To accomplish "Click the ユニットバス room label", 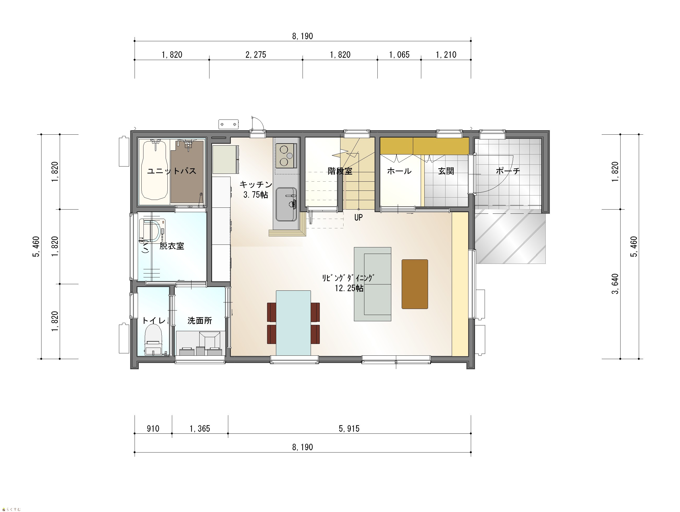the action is click(172, 171).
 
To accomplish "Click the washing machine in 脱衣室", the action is click(152, 230).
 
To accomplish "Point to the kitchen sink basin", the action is click(286, 205).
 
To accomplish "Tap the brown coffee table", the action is click(415, 284).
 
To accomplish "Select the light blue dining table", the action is click(293, 323).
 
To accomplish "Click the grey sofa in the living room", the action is click(372, 284).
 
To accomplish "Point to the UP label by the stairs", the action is click(358, 217).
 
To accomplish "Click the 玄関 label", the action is click(446, 171).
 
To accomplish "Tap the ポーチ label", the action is click(508, 171).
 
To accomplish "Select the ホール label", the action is click(399, 171).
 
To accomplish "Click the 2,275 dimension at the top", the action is click(256, 55).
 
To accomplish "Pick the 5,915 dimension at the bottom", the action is click(349, 429).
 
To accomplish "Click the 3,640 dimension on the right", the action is click(615, 284).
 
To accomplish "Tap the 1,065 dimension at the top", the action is click(399, 55).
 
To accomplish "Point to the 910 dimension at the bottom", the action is click(153, 429).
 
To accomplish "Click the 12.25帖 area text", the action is click(349, 288).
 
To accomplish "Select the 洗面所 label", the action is click(200, 321).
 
